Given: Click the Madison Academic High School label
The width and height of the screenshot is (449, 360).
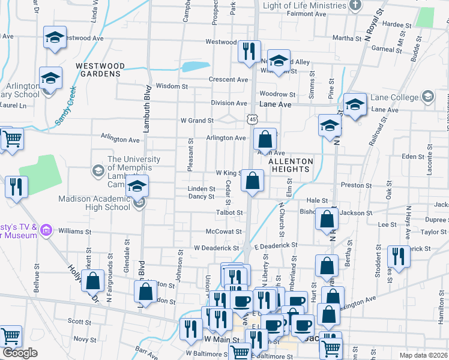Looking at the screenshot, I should pos(94,203).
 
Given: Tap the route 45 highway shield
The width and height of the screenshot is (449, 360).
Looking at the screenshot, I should pos(252,120).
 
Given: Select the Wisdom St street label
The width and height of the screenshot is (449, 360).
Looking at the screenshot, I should pos(172,86).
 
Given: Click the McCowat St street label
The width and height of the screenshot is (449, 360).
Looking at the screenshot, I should pos(223,232).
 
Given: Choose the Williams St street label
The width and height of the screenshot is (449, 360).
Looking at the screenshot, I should pos(74,231).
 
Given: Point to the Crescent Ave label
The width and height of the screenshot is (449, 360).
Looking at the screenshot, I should pos(228,80).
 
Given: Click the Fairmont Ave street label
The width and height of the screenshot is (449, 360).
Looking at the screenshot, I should pos(306,13).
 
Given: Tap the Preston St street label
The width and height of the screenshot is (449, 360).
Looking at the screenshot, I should pos(352,185).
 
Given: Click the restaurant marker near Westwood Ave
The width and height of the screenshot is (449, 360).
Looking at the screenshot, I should pos(247,50).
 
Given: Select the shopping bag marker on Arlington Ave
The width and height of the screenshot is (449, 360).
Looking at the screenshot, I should pos(264,140).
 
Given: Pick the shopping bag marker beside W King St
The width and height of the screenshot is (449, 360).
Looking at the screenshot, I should pos(253,180).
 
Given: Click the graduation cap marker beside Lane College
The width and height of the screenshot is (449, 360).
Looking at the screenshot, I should pos(354,104).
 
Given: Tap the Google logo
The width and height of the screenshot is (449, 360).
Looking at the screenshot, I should pos(19,352).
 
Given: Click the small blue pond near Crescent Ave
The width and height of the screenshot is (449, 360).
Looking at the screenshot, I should pos(196,66).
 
